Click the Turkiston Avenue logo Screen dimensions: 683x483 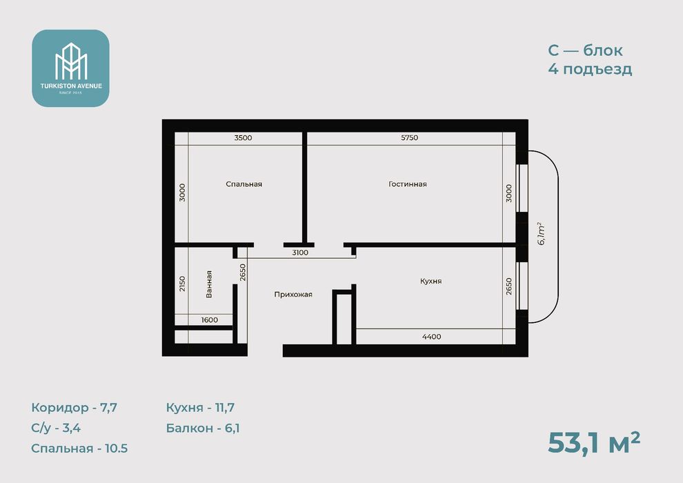click(70, 68)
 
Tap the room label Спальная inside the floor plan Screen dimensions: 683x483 click(244, 184)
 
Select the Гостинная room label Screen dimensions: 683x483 click(408, 184)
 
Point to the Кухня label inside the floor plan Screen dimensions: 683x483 click(430, 282)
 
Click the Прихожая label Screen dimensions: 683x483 click(293, 295)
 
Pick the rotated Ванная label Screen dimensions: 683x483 click(209, 284)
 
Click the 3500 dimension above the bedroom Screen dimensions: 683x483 click(243, 137)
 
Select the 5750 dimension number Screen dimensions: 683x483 click(409, 137)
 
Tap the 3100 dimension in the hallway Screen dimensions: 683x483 click(300, 253)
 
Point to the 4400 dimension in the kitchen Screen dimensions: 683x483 click(432, 337)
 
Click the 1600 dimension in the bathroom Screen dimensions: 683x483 click(210, 320)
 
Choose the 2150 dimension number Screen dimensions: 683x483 click(182, 284)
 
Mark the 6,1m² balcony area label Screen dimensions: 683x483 click(542, 234)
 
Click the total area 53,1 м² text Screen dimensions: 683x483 click(594, 443)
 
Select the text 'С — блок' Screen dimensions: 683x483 click(585, 50)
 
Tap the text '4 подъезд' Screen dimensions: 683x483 click(590, 69)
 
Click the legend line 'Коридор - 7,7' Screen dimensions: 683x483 click(74, 408)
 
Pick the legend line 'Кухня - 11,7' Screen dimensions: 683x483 click(200, 408)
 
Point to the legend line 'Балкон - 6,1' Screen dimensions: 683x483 click(203, 428)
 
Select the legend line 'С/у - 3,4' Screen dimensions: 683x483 click(56, 428)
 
